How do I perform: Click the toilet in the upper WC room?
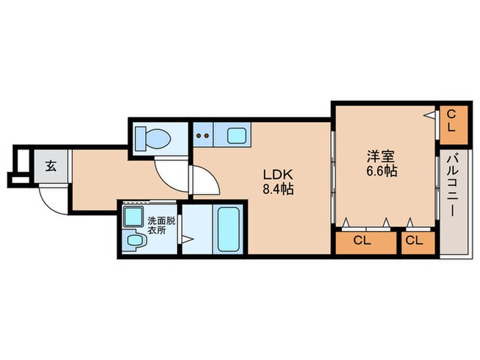point(153,139)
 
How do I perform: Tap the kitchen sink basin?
point(237,135)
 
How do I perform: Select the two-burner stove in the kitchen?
point(203,135)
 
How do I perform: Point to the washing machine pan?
point(133,217)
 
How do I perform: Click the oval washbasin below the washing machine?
point(134,240)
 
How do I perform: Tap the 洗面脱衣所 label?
point(161,226)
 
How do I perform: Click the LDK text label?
point(278,174)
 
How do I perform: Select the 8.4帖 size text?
point(278,189)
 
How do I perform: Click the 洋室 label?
point(381,156)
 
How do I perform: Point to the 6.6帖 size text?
point(382,171)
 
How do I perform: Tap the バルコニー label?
point(452,186)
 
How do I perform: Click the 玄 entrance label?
point(51,166)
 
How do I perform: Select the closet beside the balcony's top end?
point(454,125)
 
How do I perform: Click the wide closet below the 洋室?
point(365,243)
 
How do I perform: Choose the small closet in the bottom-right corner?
point(418,243)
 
